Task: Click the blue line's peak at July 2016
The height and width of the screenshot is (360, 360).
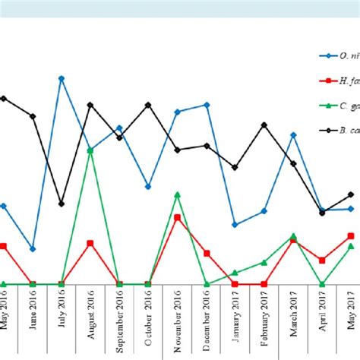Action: [x=62, y=78]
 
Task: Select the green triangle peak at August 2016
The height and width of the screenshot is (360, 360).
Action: [x=90, y=150]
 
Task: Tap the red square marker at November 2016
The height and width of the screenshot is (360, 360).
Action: [x=177, y=218]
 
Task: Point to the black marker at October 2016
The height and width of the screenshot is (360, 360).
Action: [x=148, y=105]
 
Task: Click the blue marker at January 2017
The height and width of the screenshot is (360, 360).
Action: [x=235, y=225]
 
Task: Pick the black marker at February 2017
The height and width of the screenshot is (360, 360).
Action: [x=264, y=124]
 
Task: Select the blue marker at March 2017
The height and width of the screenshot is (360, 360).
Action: [x=293, y=134]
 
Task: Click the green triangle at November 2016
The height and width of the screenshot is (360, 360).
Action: [x=177, y=195]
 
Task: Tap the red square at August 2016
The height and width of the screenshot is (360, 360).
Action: [x=90, y=243]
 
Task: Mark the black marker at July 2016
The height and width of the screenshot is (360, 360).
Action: [x=62, y=204]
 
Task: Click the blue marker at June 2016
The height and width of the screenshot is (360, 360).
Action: [x=33, y=249]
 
